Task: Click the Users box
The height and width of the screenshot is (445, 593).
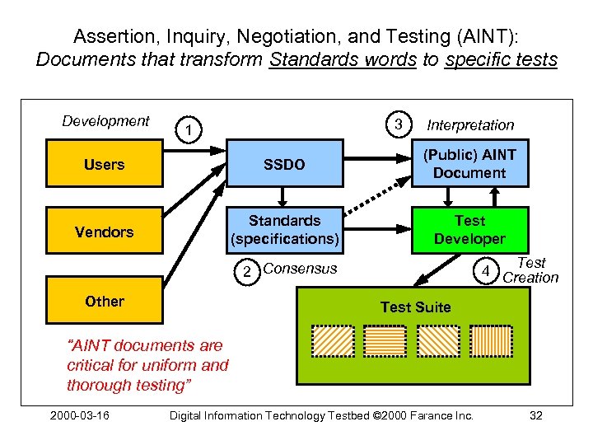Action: click(105, 165)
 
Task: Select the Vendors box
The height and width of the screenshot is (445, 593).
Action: click(105, 232)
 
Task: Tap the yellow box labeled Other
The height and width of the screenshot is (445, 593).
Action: click(105, 302)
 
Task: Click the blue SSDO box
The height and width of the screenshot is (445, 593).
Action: click(284, 165)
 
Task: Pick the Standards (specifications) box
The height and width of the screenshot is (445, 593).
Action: click(284, 230)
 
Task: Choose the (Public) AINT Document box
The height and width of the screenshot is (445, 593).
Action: click(469, 164)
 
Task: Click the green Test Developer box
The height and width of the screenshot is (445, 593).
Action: click(469, 230)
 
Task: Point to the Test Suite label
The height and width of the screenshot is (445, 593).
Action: click(415, 307)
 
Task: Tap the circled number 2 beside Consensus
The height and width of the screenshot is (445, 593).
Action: click(245, 271)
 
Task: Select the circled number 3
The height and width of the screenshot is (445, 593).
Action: click(399, 125)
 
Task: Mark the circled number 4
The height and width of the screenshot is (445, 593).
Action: click(487, 271)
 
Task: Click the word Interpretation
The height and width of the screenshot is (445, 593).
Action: click(470, 125)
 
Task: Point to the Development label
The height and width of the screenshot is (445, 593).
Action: click(105, 121)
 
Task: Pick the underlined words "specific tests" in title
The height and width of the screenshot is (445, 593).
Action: click(501, 60)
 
